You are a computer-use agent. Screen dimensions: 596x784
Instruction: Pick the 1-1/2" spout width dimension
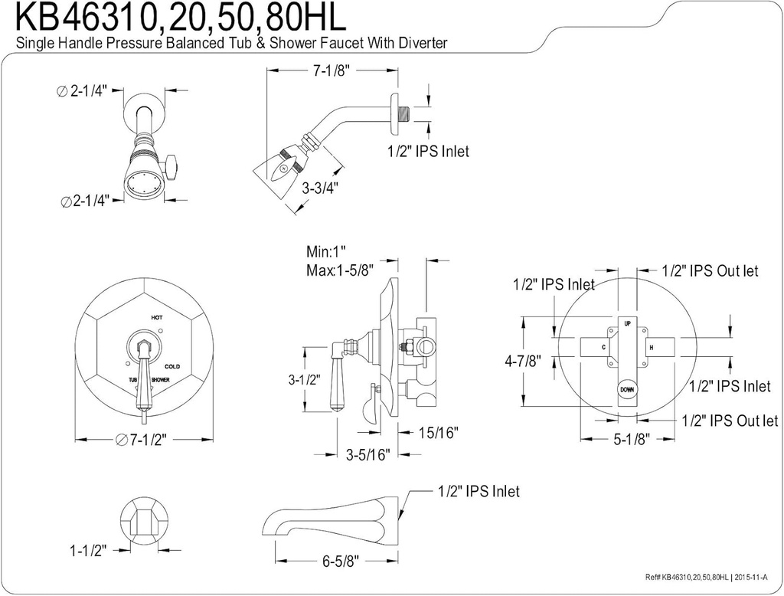[x=87, y=550]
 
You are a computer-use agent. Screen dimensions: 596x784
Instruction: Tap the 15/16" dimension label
[x=439, y=434]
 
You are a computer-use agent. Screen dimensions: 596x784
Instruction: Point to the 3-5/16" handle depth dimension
[x=367, y=455]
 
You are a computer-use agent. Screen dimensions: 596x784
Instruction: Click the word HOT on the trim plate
[x=156, y=316]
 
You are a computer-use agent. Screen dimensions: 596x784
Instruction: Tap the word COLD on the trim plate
[x=172, y=366]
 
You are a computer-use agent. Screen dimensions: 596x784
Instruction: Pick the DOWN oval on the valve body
[x=627, y=389]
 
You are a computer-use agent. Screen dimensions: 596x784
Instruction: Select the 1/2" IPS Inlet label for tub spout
[x=479, y=491]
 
